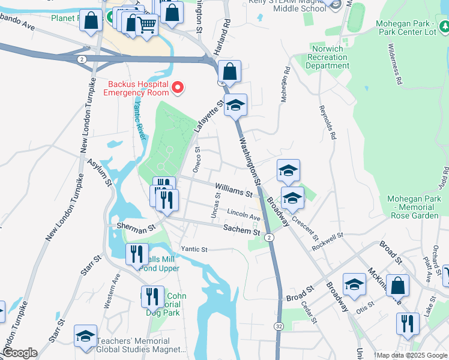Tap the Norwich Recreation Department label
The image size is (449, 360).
point(327,57)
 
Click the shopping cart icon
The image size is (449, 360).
point(146,25)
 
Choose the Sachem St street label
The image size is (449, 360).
point(240,227)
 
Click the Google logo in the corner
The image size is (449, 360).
point(19,353)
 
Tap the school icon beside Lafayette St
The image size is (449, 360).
point(236,106)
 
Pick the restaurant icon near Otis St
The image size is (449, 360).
point(408,323)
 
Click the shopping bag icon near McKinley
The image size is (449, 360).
point(397,286)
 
